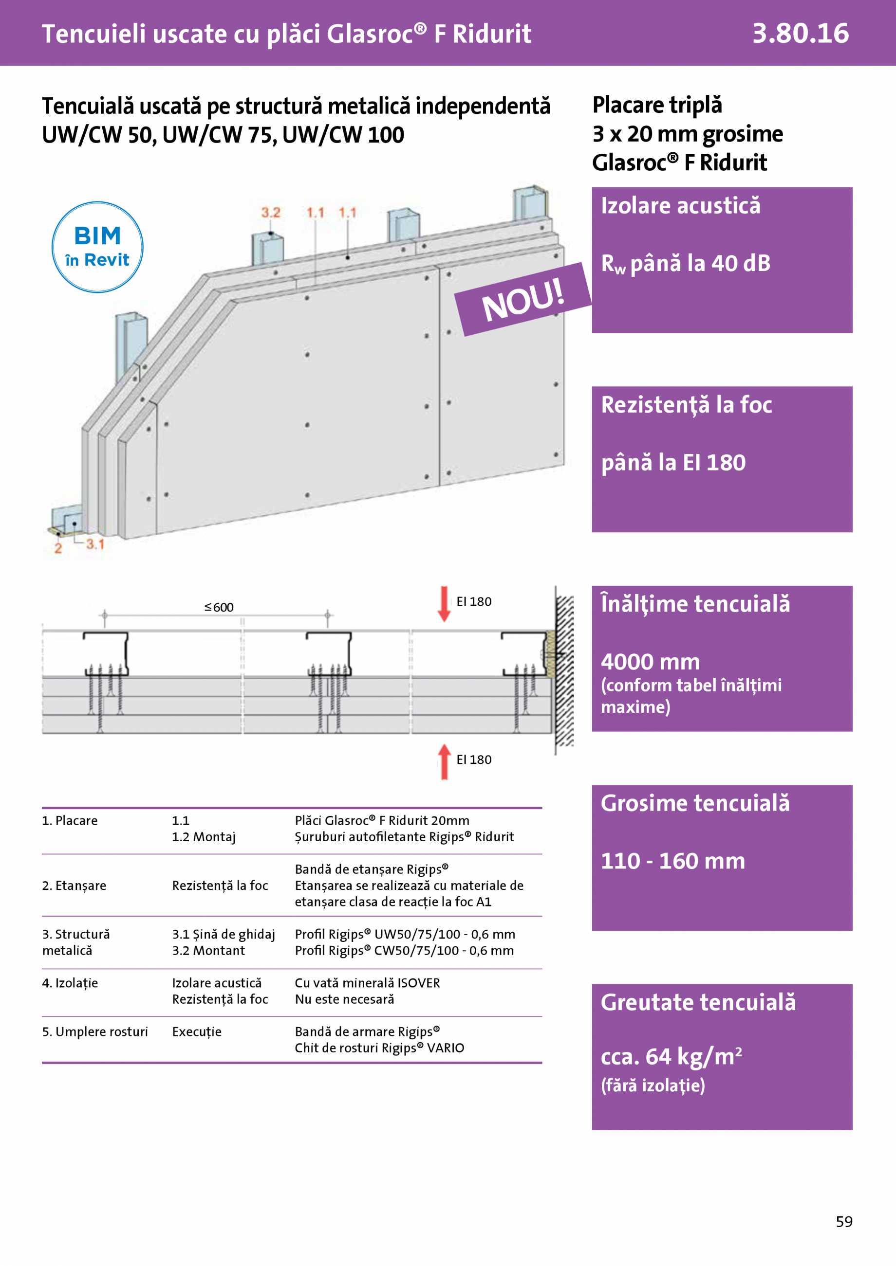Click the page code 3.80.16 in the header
click(800, 34)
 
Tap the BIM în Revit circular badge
click(98, 247)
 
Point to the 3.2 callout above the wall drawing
click(270, 213)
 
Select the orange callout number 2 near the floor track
click(58, 548)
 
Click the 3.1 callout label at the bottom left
click(95, 544)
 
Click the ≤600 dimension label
click(219, 607)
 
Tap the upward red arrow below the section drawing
click(444, 761)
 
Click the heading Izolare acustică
click(680, 206)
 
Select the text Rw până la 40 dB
click(685, 264)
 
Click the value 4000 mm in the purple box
click(650, 662)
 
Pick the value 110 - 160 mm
click(672, 861)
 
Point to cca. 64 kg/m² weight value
click(671, 1056)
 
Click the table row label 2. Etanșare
click(74, 886)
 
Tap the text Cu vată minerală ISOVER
click(367, 983)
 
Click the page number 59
click(843, 1221)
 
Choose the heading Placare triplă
click(656, 105)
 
